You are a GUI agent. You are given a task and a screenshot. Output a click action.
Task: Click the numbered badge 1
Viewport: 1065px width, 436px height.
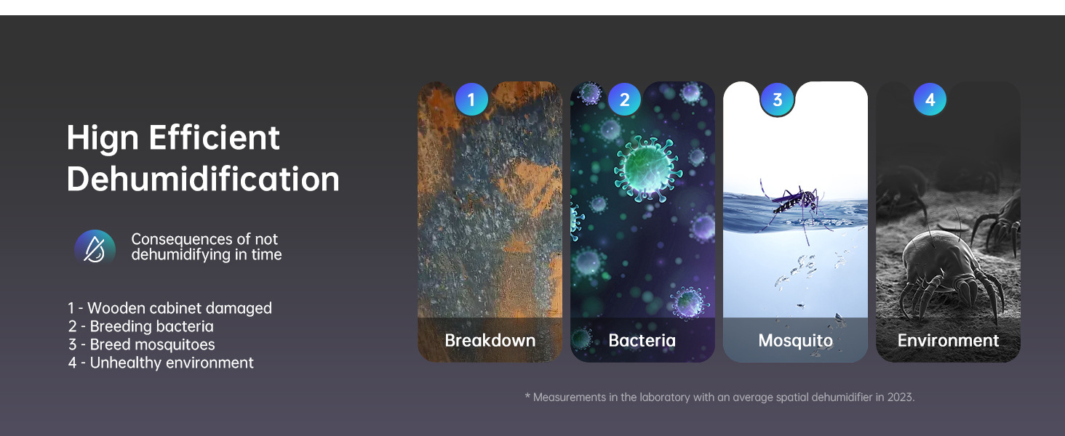[x=471, y=100]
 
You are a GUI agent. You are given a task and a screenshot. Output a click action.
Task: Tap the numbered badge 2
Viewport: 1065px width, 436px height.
[x=624, y=100]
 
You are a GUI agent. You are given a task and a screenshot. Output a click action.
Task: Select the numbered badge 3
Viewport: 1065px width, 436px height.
[x=778, y=100]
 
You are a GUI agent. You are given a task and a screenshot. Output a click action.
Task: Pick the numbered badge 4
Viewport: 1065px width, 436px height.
[x=930, y=100]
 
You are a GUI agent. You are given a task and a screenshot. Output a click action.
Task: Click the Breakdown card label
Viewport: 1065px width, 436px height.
[x=490, y=341]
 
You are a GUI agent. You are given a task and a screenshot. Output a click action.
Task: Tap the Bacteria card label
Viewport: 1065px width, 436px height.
[x=642, y=341]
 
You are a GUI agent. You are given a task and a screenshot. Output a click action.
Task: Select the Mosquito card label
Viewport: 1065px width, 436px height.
[x=795, y=341]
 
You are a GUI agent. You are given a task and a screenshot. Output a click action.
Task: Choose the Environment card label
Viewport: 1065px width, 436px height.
[x=948, y=341]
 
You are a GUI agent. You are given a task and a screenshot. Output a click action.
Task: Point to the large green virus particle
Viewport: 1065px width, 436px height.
[x=647, y=167]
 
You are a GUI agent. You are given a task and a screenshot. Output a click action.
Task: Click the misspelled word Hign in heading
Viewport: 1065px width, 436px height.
[x=103, y=139]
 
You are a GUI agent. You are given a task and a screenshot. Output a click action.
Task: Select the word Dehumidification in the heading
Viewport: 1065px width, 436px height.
[x=203, y=179]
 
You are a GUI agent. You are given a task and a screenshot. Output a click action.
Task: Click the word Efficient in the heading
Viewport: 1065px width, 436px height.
[x=215, y=138]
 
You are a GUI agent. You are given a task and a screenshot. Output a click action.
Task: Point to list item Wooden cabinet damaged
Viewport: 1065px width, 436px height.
[x=170, y=308]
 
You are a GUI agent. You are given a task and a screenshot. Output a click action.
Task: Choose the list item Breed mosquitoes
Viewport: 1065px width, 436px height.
[x=142, y=344]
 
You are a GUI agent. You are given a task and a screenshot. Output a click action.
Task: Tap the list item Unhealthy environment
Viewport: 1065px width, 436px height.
[x=161, y=363]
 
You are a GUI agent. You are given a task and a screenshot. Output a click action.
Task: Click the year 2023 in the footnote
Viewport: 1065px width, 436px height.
[x=900, y=397]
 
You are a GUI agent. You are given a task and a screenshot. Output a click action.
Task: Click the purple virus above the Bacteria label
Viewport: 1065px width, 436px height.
[x=690, y=302]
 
